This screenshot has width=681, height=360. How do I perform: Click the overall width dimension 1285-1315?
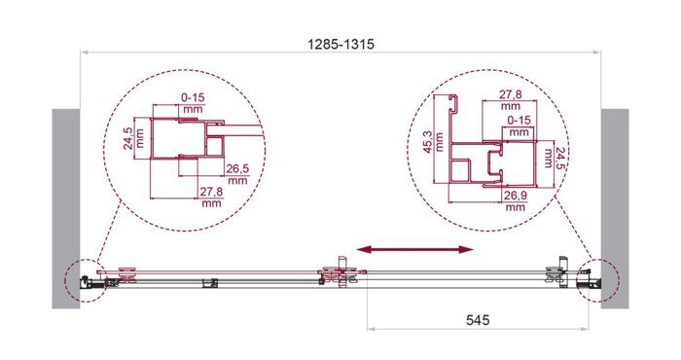click(x=340, y=45)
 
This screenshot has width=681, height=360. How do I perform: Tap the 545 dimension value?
click(x=476, y=317)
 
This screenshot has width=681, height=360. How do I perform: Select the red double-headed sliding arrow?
click(x=414, y=251)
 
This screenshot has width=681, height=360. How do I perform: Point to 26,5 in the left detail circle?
click(x=237, y=172)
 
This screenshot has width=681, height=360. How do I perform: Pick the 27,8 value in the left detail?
click(x=210, y=196)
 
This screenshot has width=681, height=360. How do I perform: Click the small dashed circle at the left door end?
click(x=82, y=281)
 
